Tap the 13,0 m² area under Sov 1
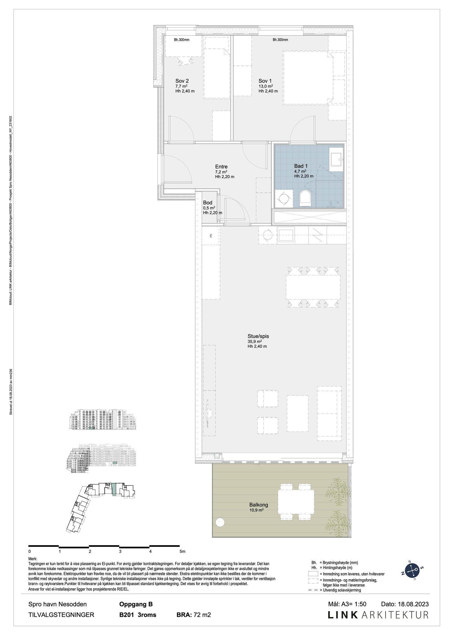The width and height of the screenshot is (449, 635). pyautogui.click(x=265, y=86)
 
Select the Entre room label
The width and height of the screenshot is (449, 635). pyautogui.click(x=221, y=167)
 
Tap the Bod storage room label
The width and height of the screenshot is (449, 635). pyautogui.click(x=208, y=203)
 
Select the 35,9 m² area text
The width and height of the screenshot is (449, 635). pyautogui.click(x=255, y=341)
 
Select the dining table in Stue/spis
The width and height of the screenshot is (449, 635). pyautogui.click(x=313, y=287)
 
